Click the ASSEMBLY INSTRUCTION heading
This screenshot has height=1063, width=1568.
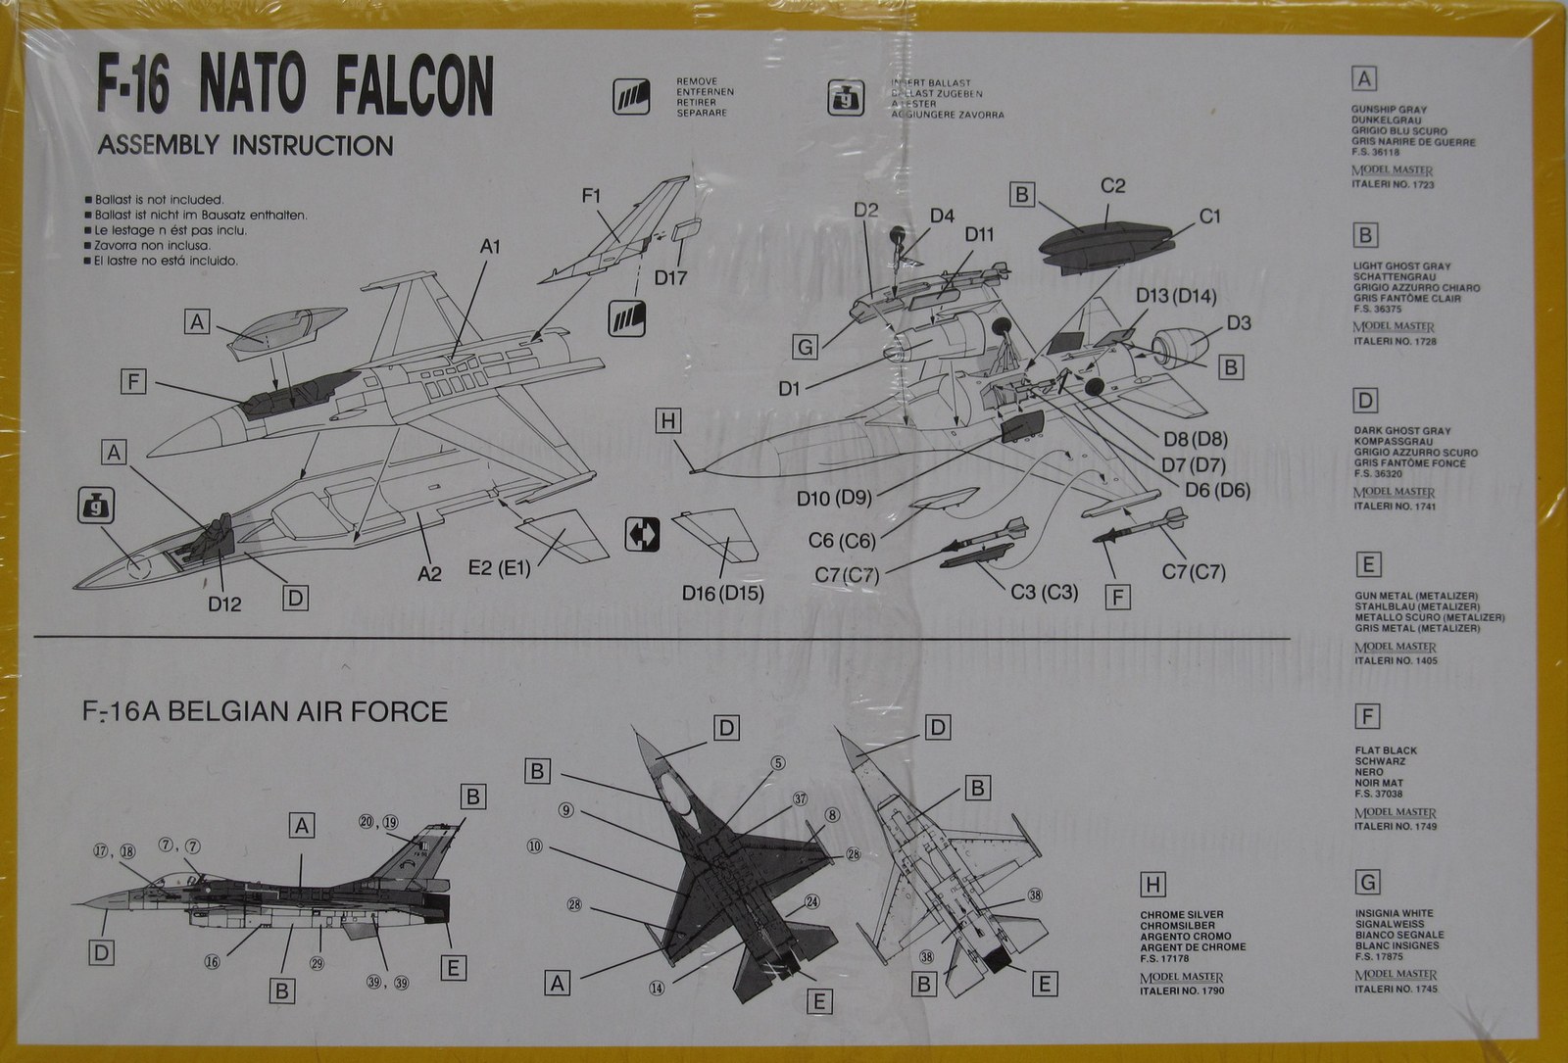point(245,146)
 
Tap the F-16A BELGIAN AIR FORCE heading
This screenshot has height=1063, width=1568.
point(265,710)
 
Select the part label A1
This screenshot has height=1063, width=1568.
point(490,247)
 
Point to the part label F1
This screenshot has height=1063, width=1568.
point(591,196)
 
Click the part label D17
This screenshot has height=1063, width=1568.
point(670,277)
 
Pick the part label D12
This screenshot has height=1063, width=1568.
point(224,603)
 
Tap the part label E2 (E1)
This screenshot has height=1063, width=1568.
point(499,567)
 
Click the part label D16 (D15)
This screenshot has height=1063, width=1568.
point(723,593)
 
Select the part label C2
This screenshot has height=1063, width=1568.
point(1112,185)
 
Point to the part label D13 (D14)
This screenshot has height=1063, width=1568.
point(1176,296)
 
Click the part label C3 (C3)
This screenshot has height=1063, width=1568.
point(1044,592)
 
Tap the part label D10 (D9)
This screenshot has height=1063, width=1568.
point(834,499)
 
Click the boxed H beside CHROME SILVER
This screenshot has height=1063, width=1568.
point(1152,886)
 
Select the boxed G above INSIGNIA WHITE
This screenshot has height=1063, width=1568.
point(1367,883)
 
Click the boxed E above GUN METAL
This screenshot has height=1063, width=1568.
point(1367,565)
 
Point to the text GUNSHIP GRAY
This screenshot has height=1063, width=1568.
point(1389,110)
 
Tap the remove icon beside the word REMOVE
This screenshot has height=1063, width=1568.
point(628,96)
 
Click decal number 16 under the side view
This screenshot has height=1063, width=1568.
point(212,961)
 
